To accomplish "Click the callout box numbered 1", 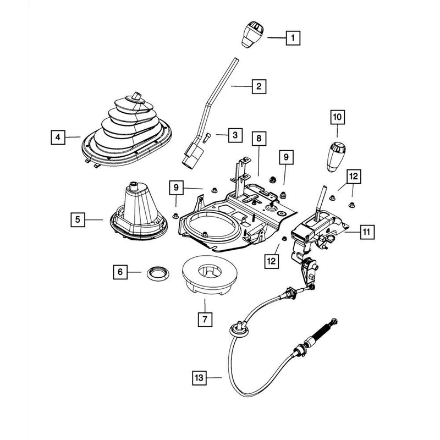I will coord(294,38).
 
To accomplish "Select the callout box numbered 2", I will coord(258,86).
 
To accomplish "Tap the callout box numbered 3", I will coord(235,134).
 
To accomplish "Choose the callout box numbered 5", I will coord(79,219).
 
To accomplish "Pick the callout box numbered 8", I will coord(258,139).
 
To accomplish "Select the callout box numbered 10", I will coord(337,117).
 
